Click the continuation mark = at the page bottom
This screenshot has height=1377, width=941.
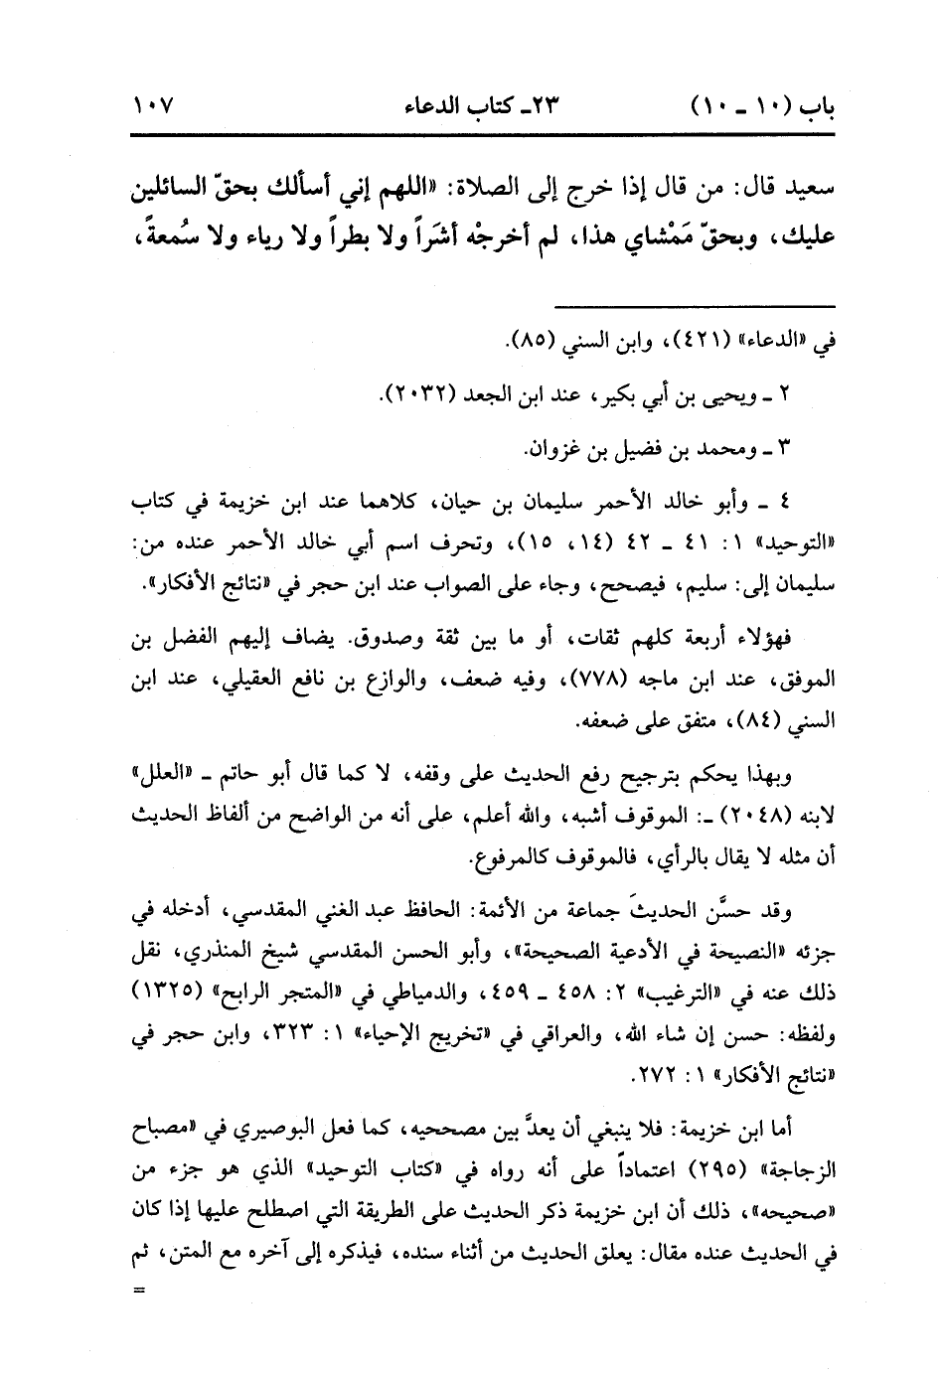(137, 1291)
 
